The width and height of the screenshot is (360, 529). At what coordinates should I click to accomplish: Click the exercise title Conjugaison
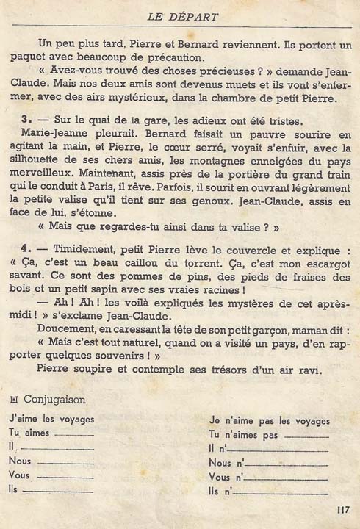pos(54,400)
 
